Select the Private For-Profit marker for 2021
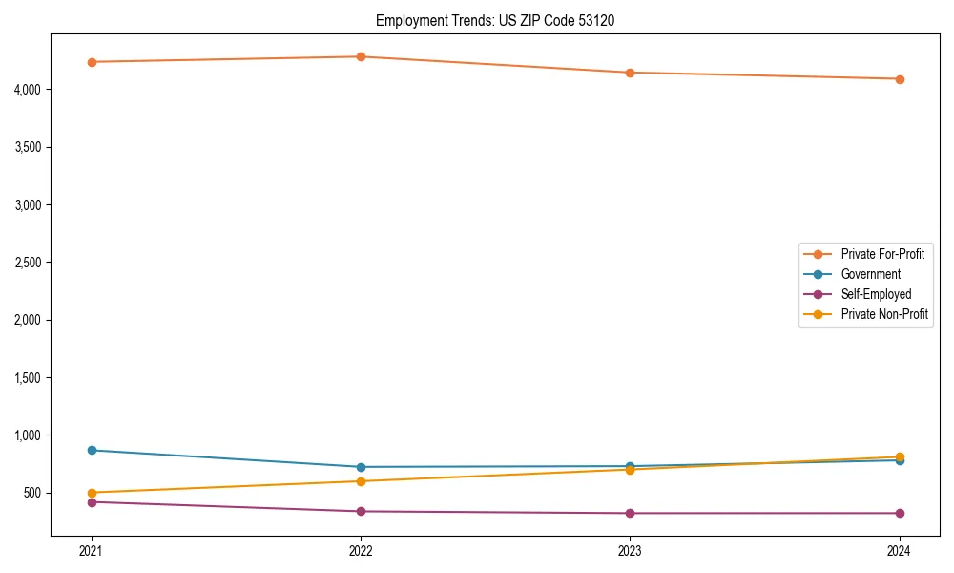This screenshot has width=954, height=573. click(92, 62)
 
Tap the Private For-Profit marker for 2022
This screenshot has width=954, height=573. click(361, 56)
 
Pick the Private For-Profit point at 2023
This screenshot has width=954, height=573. click(630, 73)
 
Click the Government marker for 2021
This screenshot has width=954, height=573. click(92, 450)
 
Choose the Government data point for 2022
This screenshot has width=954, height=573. click(361, 467)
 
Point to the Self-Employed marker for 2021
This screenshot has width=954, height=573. click(92, 502)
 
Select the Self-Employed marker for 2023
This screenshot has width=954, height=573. click(630, 513)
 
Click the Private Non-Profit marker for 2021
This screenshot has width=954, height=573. click(92, 493)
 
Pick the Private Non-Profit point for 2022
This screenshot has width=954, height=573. click(361, 481)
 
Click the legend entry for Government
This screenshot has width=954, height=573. click(870, 274)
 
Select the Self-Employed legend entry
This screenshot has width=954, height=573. click(876, 294)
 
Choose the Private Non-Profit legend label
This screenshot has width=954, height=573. click(884, 314)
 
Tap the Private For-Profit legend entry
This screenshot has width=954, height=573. click(881, 254)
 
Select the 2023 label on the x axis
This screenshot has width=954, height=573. click(630, 551)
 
